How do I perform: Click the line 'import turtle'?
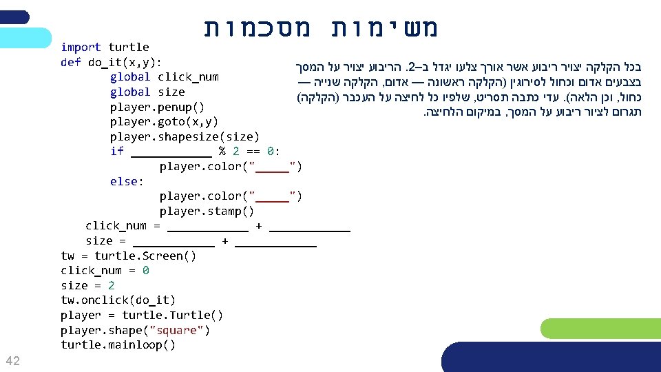tap(105, 47)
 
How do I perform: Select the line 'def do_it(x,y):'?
tap(111, 62)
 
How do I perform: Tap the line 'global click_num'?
tap(164, 76)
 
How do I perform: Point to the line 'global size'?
tap(147, 92)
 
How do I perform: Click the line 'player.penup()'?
tap(157, 107)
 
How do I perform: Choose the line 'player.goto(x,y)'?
tap(164, 122)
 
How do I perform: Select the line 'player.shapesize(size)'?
tap(185, 136)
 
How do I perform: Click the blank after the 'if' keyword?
tap(171, 152)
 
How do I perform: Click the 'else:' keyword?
tap(127, 181)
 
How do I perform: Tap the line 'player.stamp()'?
tap(207, 211)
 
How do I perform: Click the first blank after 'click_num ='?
tap(207, 226)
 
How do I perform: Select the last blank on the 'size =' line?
tap(275, 241)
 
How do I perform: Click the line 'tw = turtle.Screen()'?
tap(128, 256)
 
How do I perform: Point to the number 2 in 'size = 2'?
tap(112, 285)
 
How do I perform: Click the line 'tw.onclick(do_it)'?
tap(118, 300)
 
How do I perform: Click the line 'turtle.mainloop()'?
tap(118, 344)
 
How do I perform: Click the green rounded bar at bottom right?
tap(600, 328)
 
